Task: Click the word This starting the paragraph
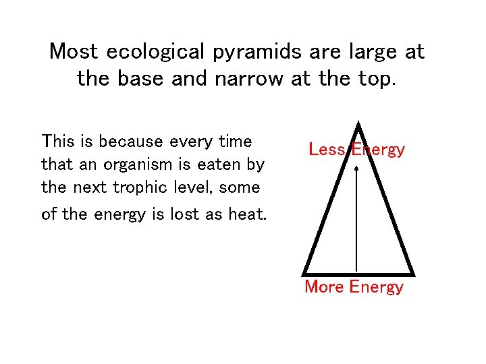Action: [57, 142]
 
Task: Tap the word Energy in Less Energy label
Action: [377, 150]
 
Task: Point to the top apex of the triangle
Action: [358, 124]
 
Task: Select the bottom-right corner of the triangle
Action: [412, 273]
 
